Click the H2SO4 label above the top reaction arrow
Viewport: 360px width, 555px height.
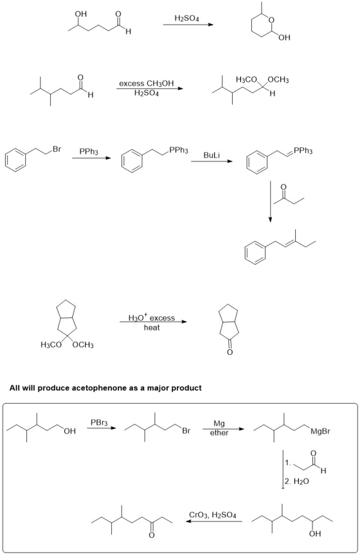[x=186, y=18]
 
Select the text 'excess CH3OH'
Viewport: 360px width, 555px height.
[x=147, y=84]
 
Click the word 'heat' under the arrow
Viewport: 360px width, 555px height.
[x=152, y=328]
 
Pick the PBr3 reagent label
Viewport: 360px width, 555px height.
[x=99, y=423]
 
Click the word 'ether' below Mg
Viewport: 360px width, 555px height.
[x=219, y=433]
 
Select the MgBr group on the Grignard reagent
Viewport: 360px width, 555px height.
[x=320, y=431]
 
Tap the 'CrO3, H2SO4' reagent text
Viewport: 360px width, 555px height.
[x=212, y=515]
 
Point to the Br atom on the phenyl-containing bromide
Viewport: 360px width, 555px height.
[x=57, y=149]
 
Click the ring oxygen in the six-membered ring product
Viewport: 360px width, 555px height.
[x=271, y=20]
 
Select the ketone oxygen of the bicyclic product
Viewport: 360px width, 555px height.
[x=230, y=352]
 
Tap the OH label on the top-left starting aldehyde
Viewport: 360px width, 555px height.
[x=81, y=14]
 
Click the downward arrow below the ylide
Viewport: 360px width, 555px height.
[x=270, y=202]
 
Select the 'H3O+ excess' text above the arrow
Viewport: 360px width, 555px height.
[x=152, y=318]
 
